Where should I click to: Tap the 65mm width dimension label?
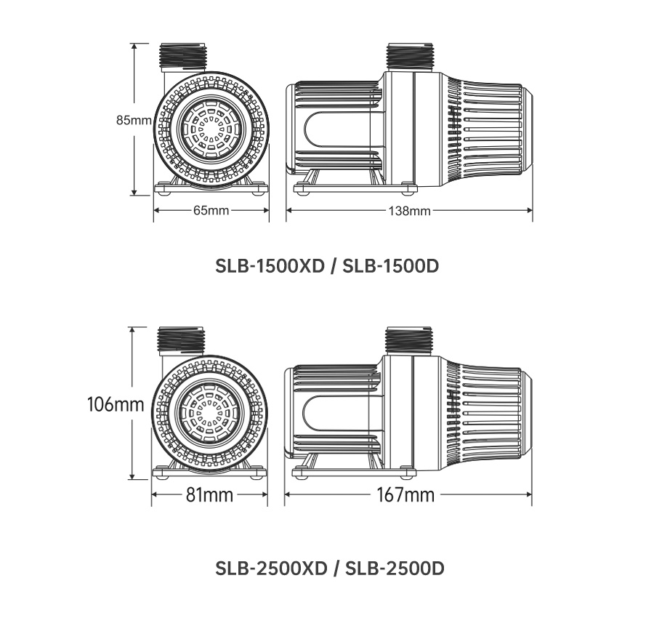point(211,211)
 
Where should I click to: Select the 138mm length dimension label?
point(410,211)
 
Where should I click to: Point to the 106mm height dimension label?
point(115,404)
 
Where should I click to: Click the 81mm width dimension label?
point(209,495)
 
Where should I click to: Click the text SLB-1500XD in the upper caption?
point(270,266)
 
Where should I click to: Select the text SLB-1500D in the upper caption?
point(391,266)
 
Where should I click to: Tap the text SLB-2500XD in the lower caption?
point(272,567)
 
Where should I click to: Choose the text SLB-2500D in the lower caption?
point(394,567)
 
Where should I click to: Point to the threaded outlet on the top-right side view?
point(411,56)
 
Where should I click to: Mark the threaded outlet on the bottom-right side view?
point(409,340)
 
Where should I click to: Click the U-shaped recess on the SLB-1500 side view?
point(338,131)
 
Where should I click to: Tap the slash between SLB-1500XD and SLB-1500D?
point(334,266)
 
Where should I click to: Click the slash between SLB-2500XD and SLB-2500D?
point(336,567)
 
